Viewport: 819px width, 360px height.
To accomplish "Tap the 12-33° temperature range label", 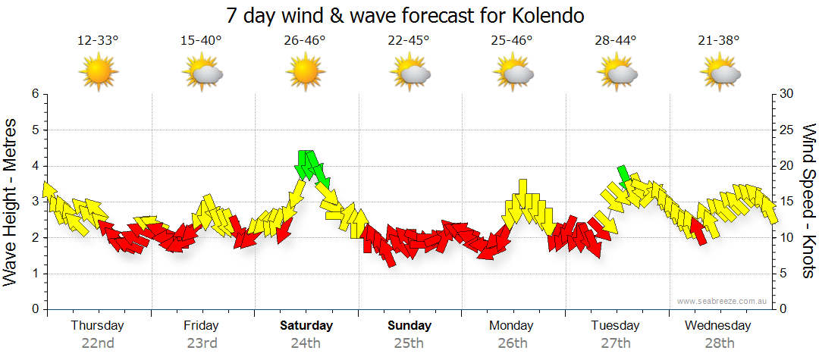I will click(98, 41).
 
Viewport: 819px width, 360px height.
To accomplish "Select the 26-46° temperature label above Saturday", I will click(305, 41).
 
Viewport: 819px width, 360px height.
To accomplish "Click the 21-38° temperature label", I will click(718, 41).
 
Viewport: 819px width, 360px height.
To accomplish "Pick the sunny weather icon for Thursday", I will click(99, 73).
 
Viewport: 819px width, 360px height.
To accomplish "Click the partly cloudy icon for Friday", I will click(202, 73).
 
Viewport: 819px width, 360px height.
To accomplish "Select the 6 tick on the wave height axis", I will click(34, 94).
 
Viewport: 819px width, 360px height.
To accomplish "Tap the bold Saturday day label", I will click(306, 326).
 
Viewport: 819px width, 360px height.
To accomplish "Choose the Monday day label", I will click(512, 326).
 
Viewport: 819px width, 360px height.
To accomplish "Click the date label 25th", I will click(409, 343).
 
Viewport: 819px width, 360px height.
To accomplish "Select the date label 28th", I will click(718, 343).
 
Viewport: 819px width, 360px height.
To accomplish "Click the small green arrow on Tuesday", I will click(624, 177).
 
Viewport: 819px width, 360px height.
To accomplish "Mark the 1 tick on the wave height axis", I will click(34, 274).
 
